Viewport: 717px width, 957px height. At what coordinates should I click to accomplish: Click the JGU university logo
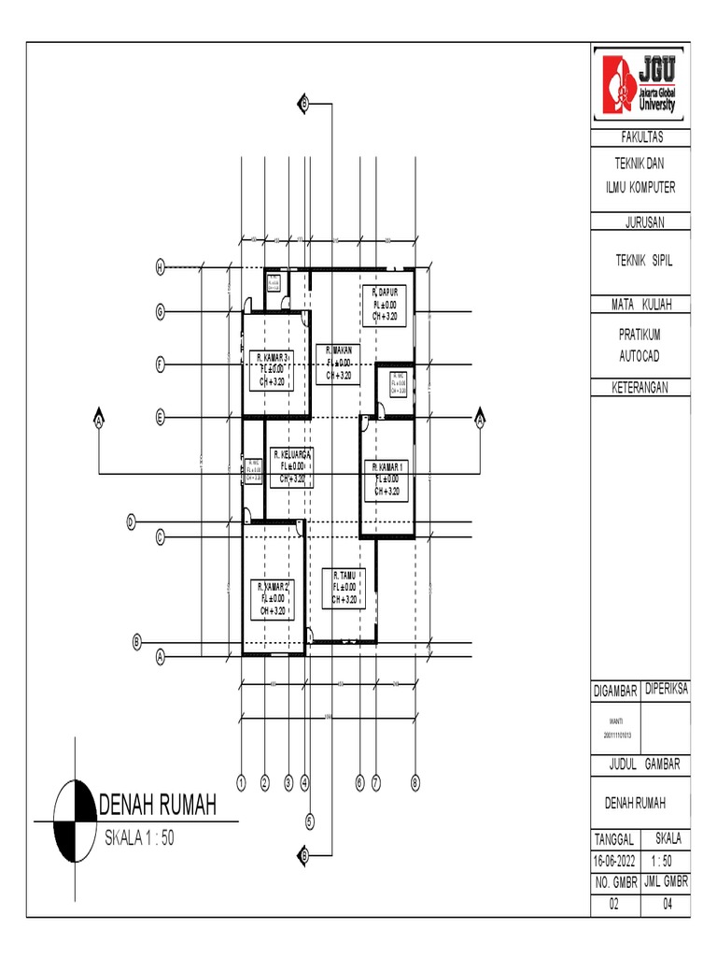tap(640, 84)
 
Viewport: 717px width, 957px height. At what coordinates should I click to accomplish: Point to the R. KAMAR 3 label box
tap(274, 368)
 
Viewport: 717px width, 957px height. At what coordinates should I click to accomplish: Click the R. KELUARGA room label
tap(291, 466)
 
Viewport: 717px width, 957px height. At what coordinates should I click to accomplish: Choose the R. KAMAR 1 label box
tap(387, 478)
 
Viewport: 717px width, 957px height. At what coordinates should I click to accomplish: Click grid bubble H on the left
tap(160, 268)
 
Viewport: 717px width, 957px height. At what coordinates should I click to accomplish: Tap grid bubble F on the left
tap(160, 364)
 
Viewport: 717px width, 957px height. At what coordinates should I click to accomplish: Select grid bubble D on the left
tap(132, 521)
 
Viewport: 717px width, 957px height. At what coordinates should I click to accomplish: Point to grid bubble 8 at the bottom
tap(416, 782)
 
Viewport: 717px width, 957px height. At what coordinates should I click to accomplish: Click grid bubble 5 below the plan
tap(310, 822)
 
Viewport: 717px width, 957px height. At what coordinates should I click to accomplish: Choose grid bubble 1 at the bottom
tap(241, 782)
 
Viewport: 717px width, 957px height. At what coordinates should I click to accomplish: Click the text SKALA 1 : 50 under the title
tap(139, 838)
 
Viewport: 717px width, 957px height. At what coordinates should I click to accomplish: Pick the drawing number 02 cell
tap(615, 905)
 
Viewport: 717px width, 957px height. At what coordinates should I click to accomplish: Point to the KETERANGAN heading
tap(640, 386)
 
